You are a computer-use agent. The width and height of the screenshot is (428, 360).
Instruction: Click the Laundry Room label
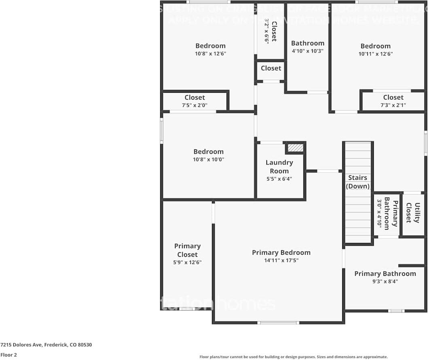click(279, 166)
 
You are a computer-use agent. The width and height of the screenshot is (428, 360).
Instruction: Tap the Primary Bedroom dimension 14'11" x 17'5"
click(281, 260)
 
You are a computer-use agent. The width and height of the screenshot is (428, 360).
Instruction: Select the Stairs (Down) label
click(358, 182)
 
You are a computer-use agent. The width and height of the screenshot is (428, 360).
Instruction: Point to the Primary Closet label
click(187, 250)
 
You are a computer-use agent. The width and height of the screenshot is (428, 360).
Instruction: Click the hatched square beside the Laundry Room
click(295, 148)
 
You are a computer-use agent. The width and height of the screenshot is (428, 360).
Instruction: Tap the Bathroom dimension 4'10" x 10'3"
click(307, 51)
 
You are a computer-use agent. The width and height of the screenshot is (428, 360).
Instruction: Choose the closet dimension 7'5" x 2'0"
click(195, 105)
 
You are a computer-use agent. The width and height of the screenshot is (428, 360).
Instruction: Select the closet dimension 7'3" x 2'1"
click(393, 105)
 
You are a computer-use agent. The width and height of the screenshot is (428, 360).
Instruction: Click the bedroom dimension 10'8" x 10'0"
click(208, 160)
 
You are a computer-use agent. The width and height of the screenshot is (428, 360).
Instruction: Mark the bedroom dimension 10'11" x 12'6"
click(375, 54)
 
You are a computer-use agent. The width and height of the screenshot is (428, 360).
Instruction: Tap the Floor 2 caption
click(8, 355)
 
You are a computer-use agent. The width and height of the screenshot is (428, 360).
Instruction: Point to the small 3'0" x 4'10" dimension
click(380, 214)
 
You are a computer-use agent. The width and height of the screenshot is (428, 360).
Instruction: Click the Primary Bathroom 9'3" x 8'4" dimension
click(385, 281)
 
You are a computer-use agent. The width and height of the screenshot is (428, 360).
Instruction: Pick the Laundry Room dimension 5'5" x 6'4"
click(279, 179)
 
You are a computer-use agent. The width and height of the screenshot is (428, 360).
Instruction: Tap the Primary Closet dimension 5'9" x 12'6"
click(187, 262)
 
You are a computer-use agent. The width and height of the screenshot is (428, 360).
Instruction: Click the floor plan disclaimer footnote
click(294, 357)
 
